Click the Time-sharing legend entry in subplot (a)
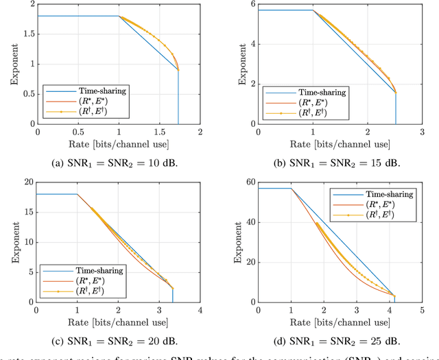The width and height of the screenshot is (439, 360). point(97,91)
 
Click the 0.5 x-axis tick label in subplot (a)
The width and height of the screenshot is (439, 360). point(78,131)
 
